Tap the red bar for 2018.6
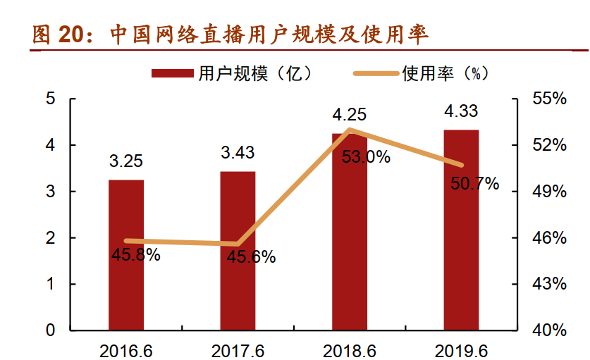click(350, 232)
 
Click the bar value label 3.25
click(126, 161)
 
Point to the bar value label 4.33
click(461, 111)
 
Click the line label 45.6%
click(251, 257)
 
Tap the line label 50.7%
click(474, 185)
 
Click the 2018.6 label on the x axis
click(350, 348)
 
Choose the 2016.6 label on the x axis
click(126, 348)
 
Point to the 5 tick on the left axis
click(51, 99)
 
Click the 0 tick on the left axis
click(51, 330)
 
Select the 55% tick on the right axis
click(550, 99)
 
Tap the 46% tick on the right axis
click(550, 237)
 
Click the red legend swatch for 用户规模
click(172, 73)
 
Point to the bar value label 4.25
click(350, 115)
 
